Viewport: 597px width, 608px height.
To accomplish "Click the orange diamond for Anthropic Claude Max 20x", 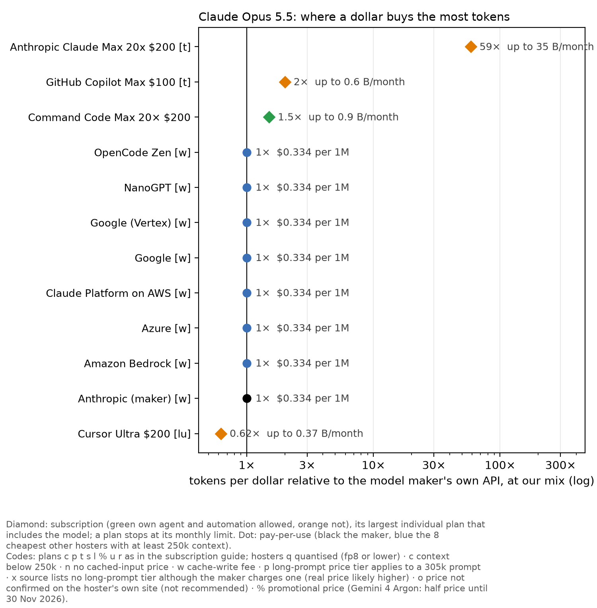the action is [x=471, y=47].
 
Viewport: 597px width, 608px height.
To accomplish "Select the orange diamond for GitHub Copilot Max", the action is [x=285, y=82].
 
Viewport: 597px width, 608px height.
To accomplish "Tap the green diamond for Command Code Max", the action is [x=269, y=117].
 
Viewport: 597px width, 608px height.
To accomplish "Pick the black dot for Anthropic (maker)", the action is [x=247, y=398].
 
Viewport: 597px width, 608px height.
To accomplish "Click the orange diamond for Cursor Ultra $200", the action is [x=221, y=433].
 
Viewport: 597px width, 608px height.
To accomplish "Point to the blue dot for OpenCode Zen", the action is [x=247, y=152].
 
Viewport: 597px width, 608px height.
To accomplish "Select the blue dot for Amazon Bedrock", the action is [x=247, y=363].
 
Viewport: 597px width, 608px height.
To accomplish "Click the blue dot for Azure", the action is [x=247, y=328].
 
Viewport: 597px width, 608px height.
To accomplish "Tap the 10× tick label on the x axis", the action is [x=373, y=465].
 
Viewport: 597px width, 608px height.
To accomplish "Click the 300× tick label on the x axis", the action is [x=560, y=465].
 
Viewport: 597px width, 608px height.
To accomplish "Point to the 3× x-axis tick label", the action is [x=307, y=465].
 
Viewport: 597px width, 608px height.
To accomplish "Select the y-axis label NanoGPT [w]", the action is [x=157, y=187].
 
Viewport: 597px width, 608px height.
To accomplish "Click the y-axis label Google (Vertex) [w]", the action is [x=140, y=223].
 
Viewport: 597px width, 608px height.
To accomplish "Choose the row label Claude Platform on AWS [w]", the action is [x=118, y=293].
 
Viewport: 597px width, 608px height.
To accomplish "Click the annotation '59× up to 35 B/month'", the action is [x=537, y=47].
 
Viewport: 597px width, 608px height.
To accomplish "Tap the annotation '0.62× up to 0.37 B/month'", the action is [x=297, y=433].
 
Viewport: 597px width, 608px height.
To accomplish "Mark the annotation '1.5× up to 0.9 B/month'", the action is [x=338, y=117].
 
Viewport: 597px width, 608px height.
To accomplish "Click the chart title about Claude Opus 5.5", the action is [x=354, y=17].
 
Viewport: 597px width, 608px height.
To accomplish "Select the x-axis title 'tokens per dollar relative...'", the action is [x=392, y=481].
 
